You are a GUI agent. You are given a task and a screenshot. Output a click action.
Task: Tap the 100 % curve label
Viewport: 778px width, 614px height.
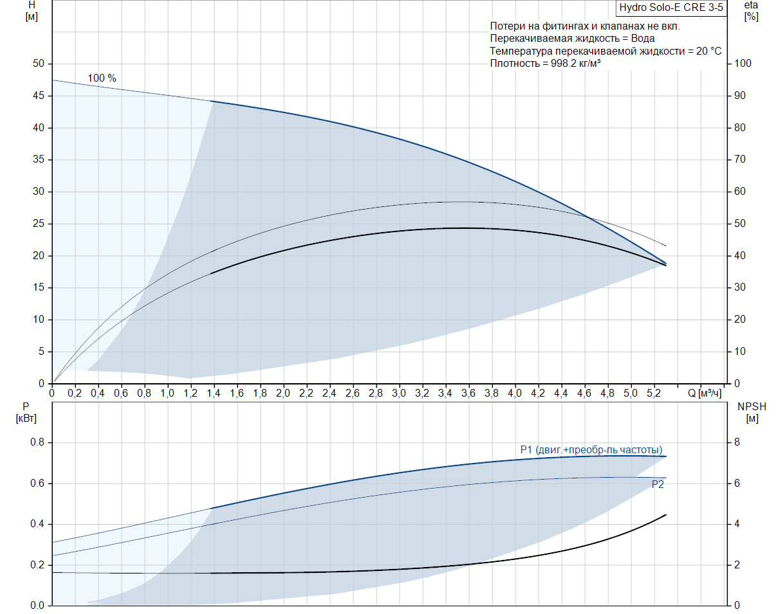click(102, 78)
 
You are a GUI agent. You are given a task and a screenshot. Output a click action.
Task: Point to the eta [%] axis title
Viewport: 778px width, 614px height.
click(750, 11)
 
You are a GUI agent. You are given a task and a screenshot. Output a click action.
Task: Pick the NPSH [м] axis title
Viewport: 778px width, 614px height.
click(752, 412)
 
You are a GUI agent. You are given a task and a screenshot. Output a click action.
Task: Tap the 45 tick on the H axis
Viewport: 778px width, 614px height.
click(39, 96)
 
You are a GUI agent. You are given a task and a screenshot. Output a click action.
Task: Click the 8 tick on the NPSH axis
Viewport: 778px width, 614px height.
click(737, 442)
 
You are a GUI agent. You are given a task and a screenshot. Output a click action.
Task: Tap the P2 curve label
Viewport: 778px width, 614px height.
click(658, 485)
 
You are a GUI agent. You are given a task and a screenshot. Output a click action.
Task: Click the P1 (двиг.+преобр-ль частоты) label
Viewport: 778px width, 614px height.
click(591, 449)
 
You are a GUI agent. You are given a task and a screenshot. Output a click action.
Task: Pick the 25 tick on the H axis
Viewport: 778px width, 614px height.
click(39, 224)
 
